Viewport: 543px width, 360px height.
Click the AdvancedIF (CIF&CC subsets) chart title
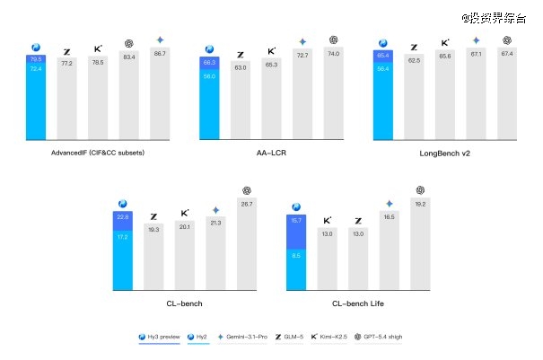99,152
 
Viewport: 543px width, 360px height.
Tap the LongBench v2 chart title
444,152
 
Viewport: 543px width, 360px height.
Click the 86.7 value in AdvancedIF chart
160,55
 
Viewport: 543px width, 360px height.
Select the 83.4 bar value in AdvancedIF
129,58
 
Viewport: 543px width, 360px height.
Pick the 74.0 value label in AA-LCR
333,54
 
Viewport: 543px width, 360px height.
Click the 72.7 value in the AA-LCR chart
302,56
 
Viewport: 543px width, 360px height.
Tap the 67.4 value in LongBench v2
506,54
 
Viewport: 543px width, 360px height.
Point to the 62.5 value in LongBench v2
415,60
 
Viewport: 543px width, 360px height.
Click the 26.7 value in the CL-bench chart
246,205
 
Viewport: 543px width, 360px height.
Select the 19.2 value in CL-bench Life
420,205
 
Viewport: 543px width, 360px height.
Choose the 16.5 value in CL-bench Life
389,217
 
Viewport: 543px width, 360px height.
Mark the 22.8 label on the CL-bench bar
123,216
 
